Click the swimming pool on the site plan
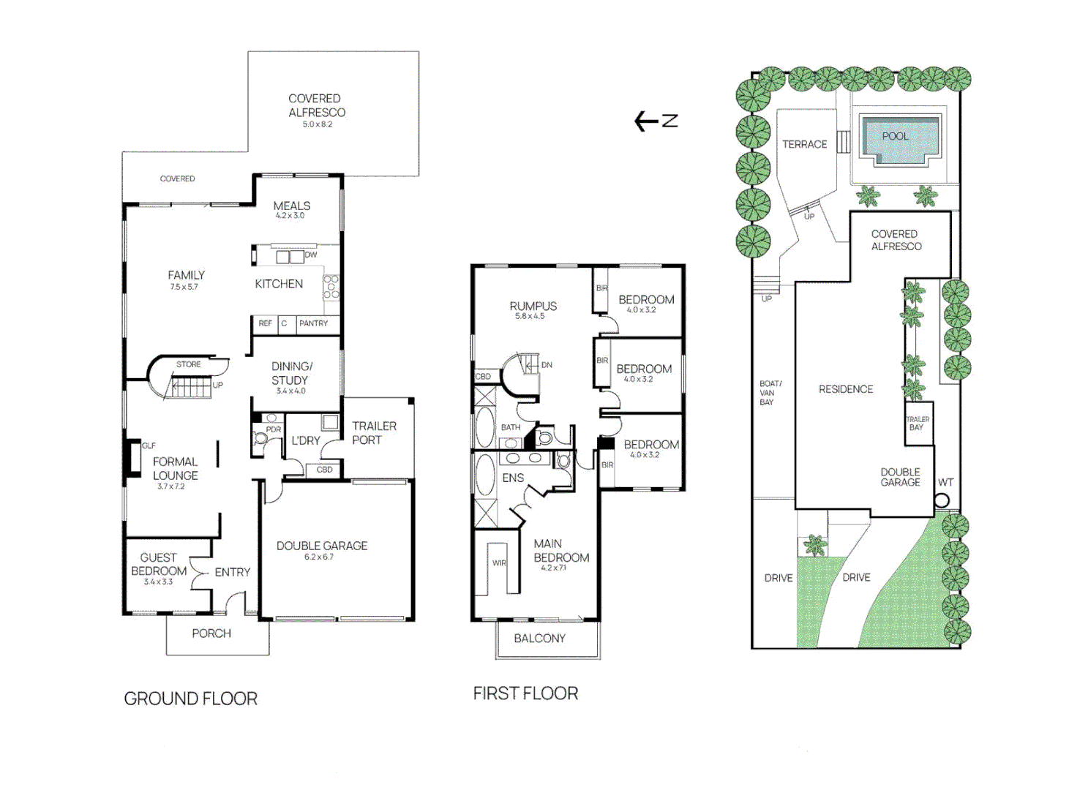(x=899, y=141)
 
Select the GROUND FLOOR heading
(x=190, y=699)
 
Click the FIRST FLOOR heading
(x=525, y=693)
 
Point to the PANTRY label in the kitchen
(x=313, y=323)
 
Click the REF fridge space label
(x=265, y=323)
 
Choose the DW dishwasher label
(x=311, y=255)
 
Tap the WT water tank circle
(x=942, y=500)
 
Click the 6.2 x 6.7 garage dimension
(x=319, y=557)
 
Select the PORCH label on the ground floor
(x=211, y=633)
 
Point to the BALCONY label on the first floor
(x=540, y=638)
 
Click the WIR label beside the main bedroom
(x=499, y=563)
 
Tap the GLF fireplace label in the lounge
(x=149, y=445)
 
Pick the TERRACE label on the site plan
(x=804, y=144)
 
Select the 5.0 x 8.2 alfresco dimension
(x=317, y=124)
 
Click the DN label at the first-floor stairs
(x=547, y=365)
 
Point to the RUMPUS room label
(x=533, y=306)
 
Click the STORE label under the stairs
(x=189, y=364)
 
